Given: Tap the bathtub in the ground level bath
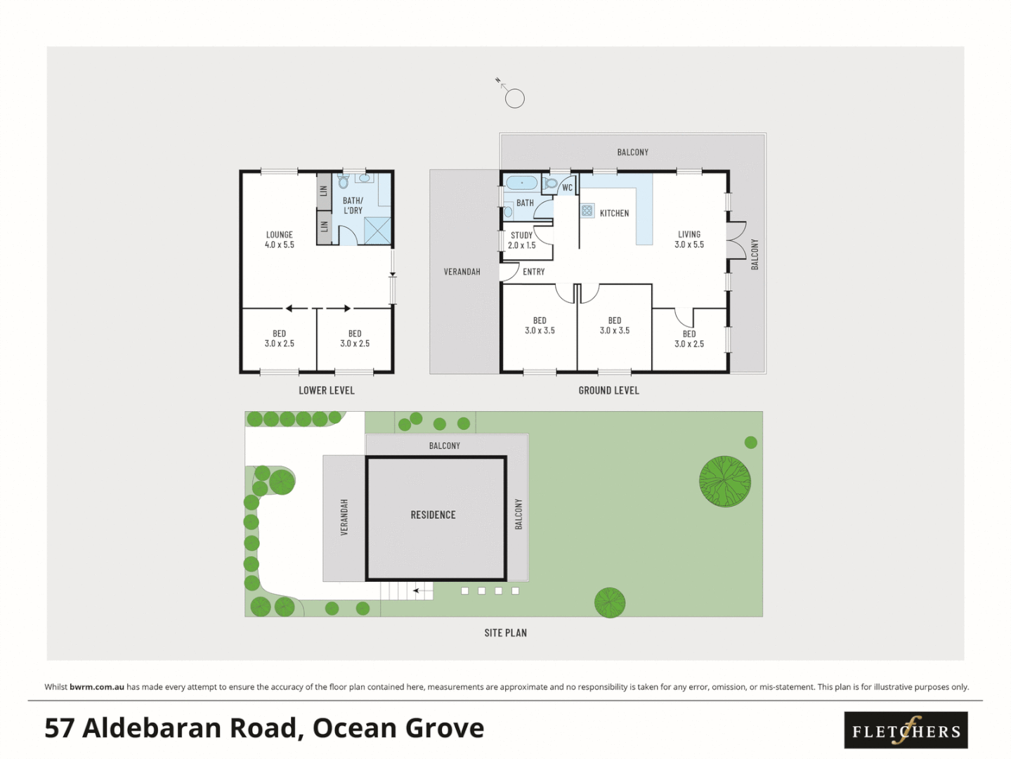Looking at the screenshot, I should tap(521, 183).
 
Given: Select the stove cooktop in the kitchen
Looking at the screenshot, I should tap(587, 210).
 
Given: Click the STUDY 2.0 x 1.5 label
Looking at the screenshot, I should tap(521, 240).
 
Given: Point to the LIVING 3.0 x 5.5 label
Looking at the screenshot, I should tap(689, 240).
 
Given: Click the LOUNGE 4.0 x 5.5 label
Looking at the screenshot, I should tap(279, 240).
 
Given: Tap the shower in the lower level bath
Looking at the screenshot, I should tap(377, 231).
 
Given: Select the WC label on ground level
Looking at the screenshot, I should tap(567, 188).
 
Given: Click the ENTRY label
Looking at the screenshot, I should tap(533, 272).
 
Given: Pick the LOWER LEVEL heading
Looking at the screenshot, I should tap(326, 391).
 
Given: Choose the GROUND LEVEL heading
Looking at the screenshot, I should tap(608, 391).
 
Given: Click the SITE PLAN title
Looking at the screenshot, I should tap(505, 633).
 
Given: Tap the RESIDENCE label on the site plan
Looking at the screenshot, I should tap(433, 515).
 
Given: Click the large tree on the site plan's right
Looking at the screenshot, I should tap(724, 481).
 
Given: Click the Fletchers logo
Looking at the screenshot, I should tap(906, 730).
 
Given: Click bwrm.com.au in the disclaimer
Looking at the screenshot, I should tap(97, 687).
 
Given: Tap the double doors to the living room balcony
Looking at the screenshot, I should tap(735, 240).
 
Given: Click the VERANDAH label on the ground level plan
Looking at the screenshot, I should tap(462, 272).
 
